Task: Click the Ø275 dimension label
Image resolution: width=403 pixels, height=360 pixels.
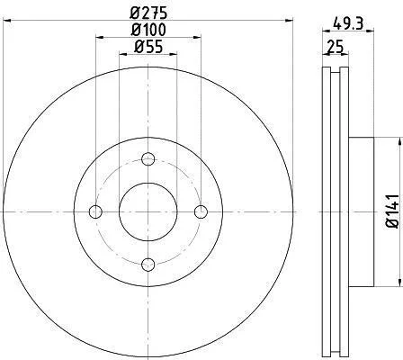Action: click(x=148, y=13)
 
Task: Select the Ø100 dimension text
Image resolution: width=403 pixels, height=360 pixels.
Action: click(x=148, y=30)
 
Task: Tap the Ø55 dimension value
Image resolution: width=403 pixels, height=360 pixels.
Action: click(x=148, y=47)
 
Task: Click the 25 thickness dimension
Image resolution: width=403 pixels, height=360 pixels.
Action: click(x=336, y=47)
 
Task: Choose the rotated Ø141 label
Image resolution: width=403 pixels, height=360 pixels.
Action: click(x=393, y=211)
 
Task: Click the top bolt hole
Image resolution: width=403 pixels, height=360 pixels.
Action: click(x=148, y=159)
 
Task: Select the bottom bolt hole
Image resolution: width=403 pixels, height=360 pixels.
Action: click(x=148, y=265)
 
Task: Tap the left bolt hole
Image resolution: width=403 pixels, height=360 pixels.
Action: click(x=95, y=211)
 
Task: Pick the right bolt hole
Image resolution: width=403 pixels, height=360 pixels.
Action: click(x=201, y=211)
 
